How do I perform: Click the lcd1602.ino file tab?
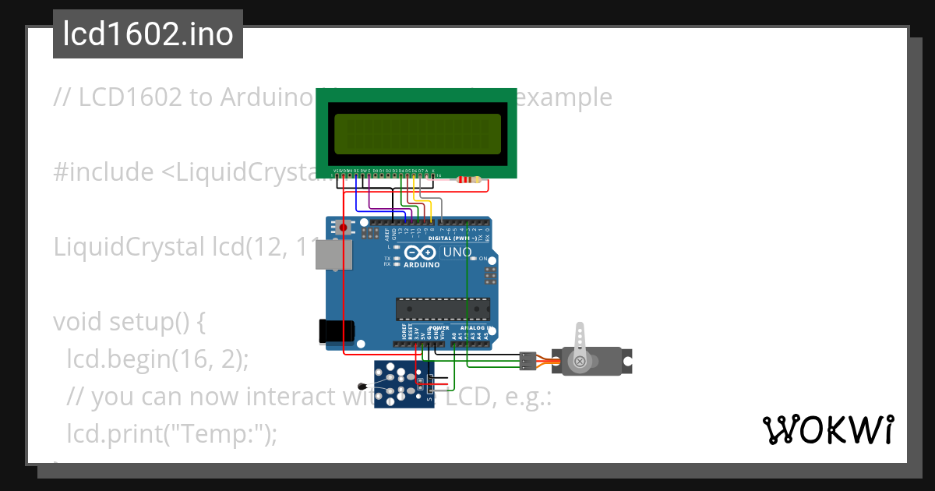148,34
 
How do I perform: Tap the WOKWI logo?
827,429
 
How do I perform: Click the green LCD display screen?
417,133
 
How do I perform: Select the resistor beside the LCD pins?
468,180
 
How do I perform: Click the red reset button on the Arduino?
343,228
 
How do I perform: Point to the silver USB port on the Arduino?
333,254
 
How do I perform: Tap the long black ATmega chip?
443,309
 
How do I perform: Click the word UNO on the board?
457,253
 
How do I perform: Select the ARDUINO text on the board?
422,265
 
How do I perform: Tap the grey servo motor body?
596,361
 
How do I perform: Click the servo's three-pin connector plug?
528,360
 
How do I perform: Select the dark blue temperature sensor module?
404,384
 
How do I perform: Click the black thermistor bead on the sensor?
361,387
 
